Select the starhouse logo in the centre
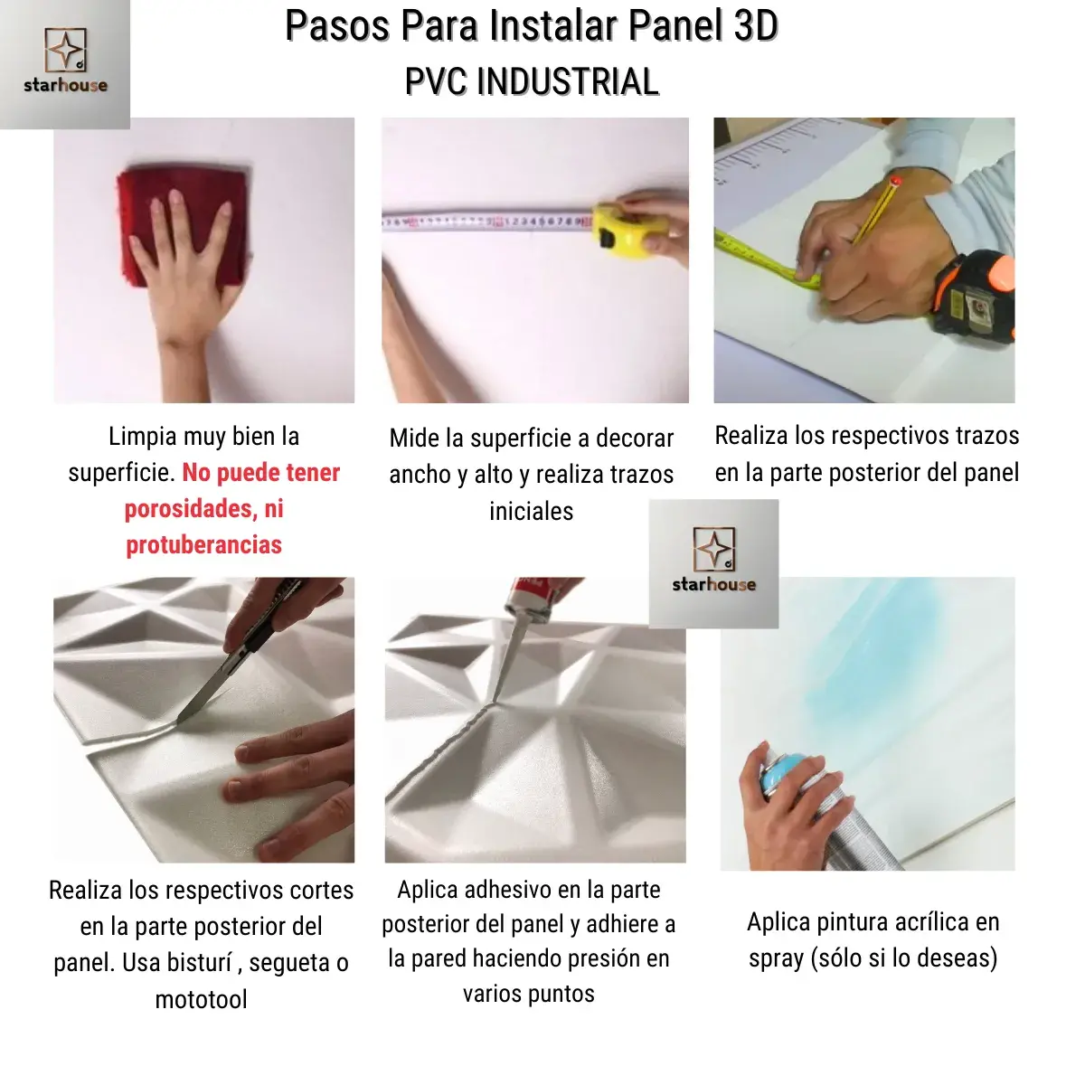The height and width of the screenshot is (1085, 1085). pyautogui.click(x=713, y=562)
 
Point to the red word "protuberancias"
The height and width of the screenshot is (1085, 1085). pyautogui.click(x=203, y=545)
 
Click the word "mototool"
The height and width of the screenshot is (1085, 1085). pyautogui.click(x=201, y=1000)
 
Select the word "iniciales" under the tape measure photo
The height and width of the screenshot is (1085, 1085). pyautogui.click(x=531, y=512)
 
